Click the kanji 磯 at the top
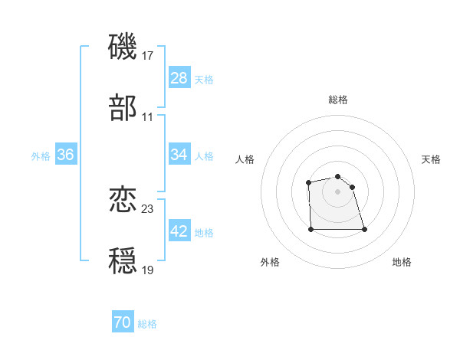(123, 47)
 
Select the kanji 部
(123, 109)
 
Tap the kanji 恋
(123, 201)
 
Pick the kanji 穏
(123, 262)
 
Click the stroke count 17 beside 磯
(148, 56)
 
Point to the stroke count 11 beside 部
(148, 117)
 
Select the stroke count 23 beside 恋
(148, 209)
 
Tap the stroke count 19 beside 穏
(148, 270)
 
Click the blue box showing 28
(179, 78)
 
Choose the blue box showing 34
(179, 155)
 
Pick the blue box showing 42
(179, 231)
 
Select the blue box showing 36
(66, 155)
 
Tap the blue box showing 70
(123, 323)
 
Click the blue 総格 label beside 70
(148, 324)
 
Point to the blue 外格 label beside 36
(41, 155)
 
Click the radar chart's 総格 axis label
(338, 100)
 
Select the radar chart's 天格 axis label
(432, 159)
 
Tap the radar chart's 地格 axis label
(402, 262)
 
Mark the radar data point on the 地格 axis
(364, 229)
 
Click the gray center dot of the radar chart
(338, 191)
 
